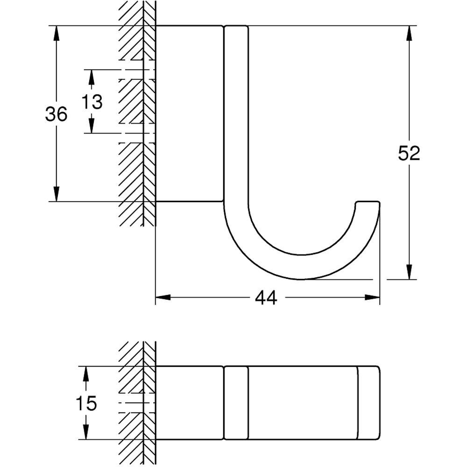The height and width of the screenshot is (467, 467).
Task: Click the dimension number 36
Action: click(x=56, y=114)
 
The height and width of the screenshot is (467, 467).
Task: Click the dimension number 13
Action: click(x=92, y=101)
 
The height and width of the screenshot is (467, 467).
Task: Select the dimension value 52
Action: click(x=409, y=153)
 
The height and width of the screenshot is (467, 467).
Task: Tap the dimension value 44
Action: click(x=267, y=297)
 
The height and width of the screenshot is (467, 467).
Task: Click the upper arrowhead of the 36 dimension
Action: click(x=57, y=33)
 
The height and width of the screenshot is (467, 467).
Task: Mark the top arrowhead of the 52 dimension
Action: click(x=409, y=33)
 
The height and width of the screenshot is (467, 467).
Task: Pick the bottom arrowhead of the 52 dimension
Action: click(x=409, y=272)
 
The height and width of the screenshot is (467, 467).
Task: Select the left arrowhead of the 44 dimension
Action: click(x=163, y=297)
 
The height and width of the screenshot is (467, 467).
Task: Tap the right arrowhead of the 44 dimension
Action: click(x=372, y=297)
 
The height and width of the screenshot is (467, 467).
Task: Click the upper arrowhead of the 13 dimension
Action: click(x=92, y=77)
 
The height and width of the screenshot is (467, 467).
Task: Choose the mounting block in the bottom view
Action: click(x=189, y=403)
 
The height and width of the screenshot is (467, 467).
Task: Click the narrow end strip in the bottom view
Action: click(x=369, y=403)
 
